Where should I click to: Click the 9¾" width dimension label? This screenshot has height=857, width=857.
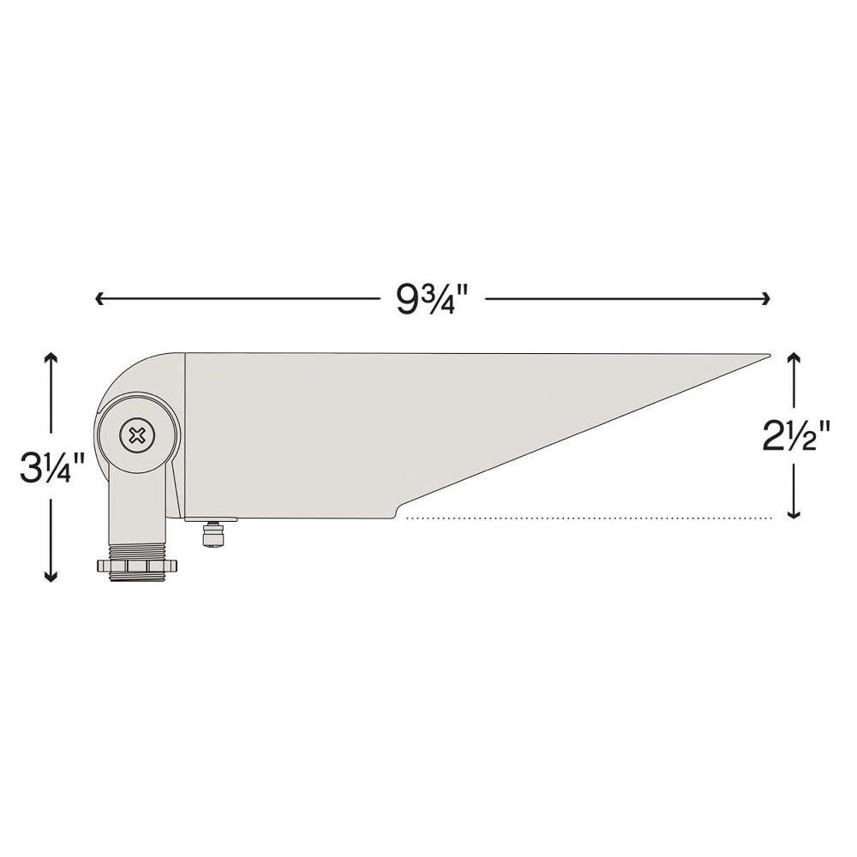click(433, 299)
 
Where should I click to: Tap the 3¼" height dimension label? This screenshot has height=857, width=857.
click(52, 466)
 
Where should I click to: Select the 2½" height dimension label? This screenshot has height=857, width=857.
click(796, 435)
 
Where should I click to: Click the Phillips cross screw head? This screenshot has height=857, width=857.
click(136, 435)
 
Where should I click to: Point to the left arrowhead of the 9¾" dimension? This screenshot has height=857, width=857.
click(99, 298)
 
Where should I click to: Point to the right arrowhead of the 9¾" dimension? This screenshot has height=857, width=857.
click(765, 298)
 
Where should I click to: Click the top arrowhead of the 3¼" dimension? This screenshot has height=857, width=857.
click(51, 358)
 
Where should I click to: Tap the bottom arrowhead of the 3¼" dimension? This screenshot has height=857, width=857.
click(51, 576)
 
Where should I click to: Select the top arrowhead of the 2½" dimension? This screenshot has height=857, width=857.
click(794, 358)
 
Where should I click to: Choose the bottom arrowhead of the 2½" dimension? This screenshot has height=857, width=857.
click(794, 512)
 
